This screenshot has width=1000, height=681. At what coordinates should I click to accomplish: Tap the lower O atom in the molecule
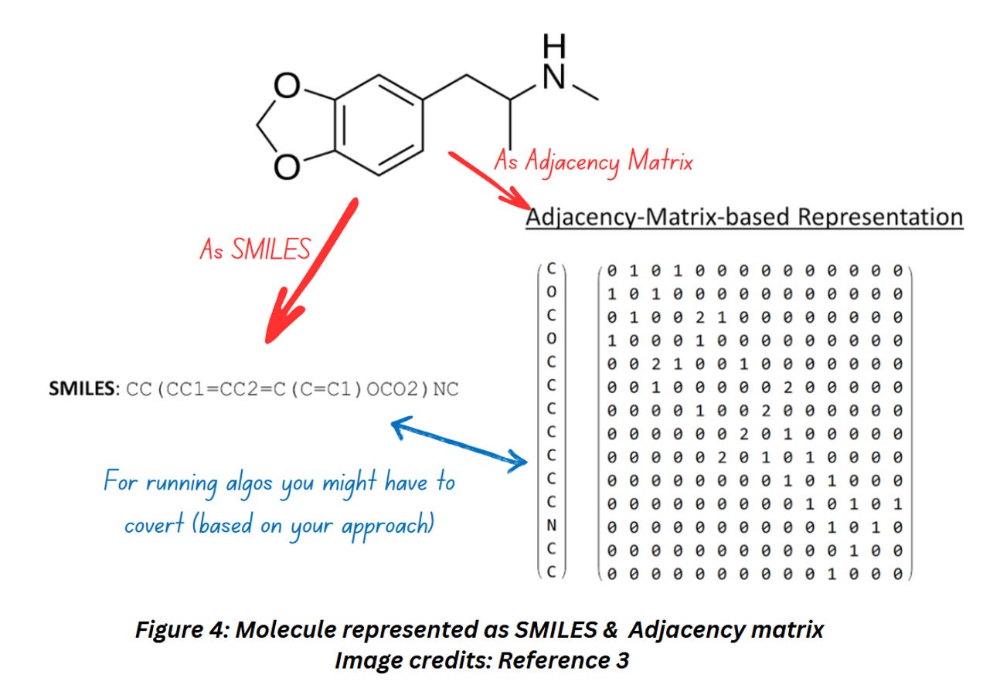[x=287, y=164]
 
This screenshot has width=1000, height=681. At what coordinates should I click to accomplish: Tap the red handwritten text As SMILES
[x=256, y=249]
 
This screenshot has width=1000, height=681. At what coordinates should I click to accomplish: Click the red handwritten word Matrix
[x=660, y=161]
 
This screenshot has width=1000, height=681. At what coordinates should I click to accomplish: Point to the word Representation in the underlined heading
[x=880, y=217]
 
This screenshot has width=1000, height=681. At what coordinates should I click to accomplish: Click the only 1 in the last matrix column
[x=897, y=504]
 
